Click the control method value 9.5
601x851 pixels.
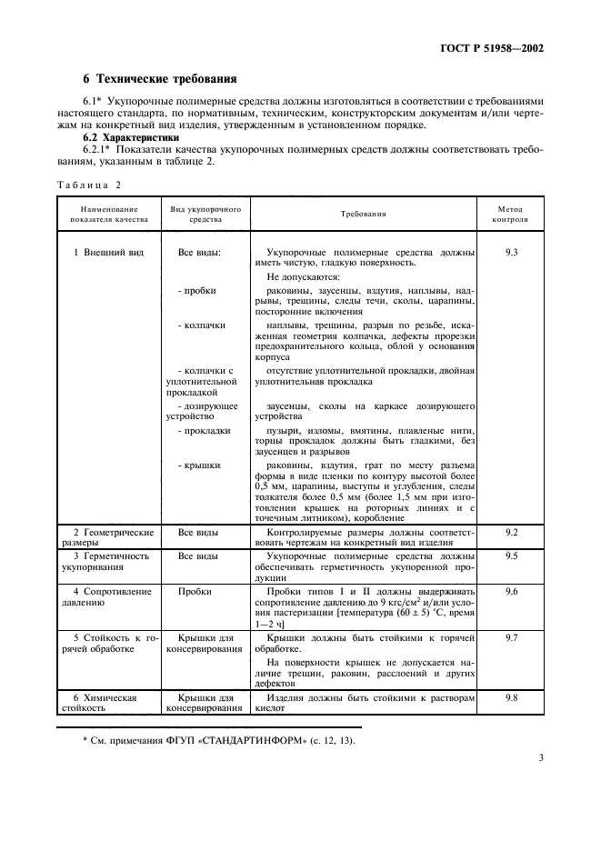pos(510,555)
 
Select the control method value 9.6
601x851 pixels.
pos(510,591)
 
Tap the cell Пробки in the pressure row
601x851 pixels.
pos(194,591)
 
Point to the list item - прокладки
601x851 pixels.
pos(204,430)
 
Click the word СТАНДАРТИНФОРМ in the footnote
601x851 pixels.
pos(239,739)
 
